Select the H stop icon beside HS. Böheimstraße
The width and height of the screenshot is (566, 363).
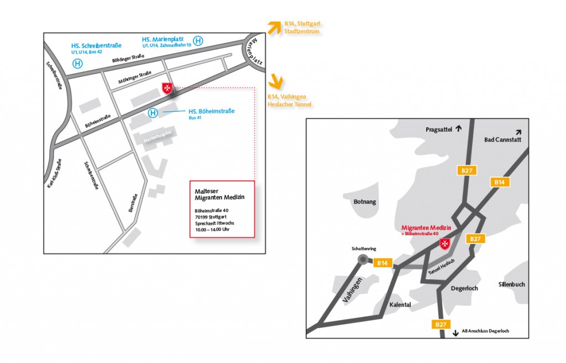pyautogui.click(x=153, y=113)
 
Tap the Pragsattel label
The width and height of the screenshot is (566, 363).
pyautogui.click(x=439, y=129)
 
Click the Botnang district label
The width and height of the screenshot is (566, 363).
pyautogui.click(x=364, y=201)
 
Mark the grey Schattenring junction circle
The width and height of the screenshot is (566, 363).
pyautogui.click(x=363, y=259)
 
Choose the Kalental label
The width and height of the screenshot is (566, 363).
pyautogui.click(x=400, y=304)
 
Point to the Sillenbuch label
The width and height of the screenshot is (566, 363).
pyautogui.click(x=511, y=284)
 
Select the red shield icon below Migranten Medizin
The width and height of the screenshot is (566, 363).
pyautogui.click(x=444, y=244)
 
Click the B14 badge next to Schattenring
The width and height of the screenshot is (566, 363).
pyautogui.click(x=382, y=263)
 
